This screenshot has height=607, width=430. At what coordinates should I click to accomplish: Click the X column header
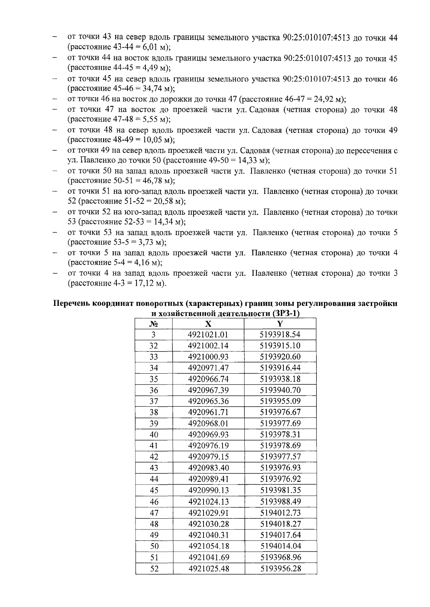click(208, 324)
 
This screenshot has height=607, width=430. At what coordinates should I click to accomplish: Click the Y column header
click(280, 324)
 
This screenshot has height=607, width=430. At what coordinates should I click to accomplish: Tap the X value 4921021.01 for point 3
click(208, 335)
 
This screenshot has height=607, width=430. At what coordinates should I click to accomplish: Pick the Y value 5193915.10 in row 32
click(280, 346)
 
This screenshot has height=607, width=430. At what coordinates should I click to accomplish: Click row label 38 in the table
click(154, 412)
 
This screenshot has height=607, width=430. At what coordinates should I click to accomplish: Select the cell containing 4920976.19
click(208, 445)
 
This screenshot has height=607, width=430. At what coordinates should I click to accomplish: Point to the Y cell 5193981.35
click(280, 490)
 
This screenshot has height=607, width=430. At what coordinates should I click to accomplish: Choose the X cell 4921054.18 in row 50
click(208, 546)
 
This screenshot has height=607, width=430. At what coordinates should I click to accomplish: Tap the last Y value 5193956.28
click(280, 569)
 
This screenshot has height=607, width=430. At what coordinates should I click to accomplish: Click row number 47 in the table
click(154, 513)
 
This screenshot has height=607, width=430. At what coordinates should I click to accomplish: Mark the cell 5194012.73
click(280, 513)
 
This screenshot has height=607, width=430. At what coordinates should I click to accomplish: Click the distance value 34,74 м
click(154, 88)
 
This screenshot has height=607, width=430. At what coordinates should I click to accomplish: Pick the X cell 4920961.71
click(208, 412)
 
